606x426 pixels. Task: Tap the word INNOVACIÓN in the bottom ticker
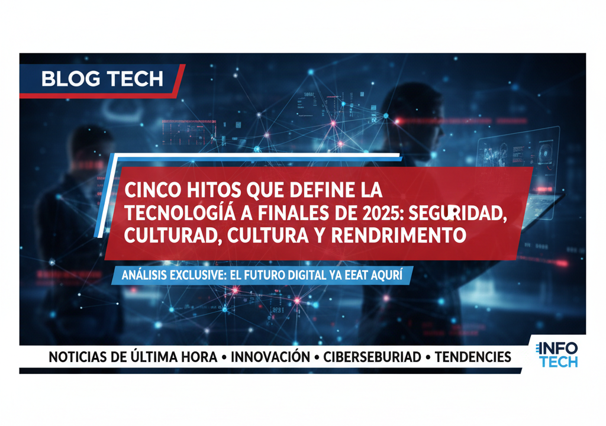tap(270, 357)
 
